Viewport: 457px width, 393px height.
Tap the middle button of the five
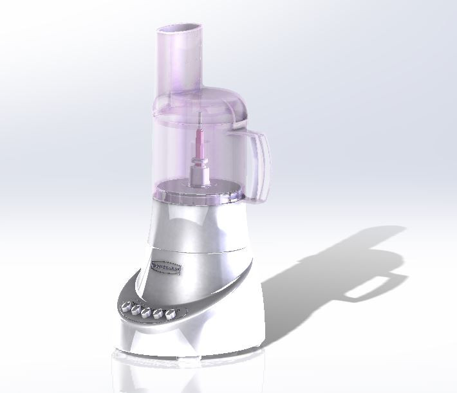click(147, 311)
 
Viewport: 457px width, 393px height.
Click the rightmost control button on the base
click(171, 315)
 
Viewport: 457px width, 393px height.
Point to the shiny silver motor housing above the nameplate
click(193, 225)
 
